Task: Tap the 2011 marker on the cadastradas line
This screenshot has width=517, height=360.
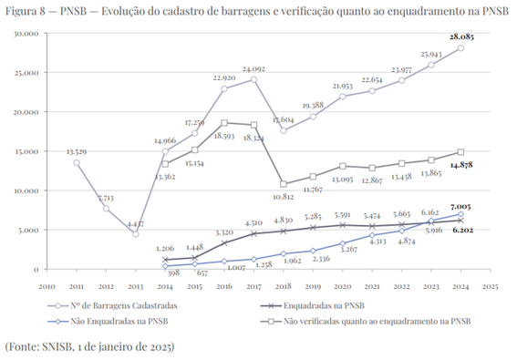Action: [76, 162]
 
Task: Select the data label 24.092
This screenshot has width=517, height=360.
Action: [253, 69]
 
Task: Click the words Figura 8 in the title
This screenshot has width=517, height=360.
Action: [28, 10]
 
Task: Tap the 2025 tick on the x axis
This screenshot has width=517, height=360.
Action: [491, 284]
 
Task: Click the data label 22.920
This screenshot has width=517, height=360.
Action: [223, 78]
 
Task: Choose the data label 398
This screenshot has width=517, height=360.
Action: [166, 273]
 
